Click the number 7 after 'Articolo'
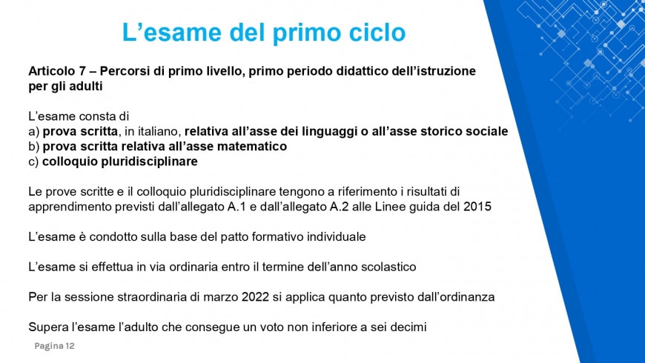tap(82, 71)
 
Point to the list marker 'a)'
tap(33, 132)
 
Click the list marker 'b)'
tap(33, 147)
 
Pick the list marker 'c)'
tap(33, 161)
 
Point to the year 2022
tap(256, 297)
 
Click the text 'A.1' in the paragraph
tap(236, 207)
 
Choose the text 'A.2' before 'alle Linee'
tap(340, 207)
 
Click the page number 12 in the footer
tap(70, 346)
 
